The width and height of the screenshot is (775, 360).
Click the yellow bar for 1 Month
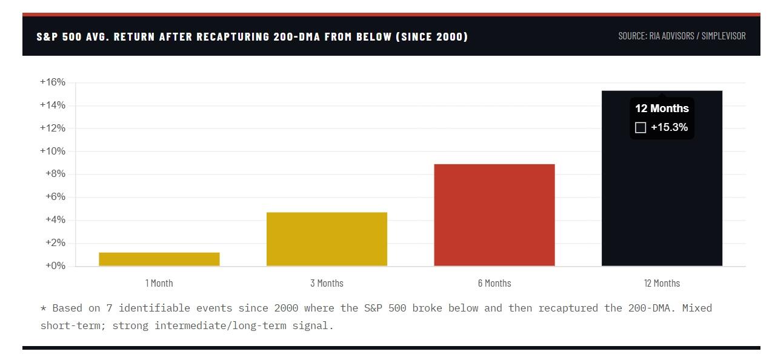pos(159,259)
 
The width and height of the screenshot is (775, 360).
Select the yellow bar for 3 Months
pos(327,239)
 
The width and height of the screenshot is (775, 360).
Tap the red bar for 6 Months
pos(494,215)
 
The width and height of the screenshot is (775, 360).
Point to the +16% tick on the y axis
pos(53,82)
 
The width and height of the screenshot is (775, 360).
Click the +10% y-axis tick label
pos(53,151)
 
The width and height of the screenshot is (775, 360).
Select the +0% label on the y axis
pos(55,265)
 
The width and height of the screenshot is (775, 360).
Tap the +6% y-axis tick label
pos(55,197)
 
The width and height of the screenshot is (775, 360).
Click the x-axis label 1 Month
pos(159,283)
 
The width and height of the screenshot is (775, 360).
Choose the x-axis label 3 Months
pos(327,283)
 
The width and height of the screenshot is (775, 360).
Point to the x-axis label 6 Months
pos(494,283)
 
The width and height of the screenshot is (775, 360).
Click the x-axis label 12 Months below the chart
pos(662,283)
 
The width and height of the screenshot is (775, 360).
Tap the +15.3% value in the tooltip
pos(669,127)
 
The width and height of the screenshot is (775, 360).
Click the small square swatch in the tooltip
pos(640,127)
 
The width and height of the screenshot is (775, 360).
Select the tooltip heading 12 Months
pos(662,108)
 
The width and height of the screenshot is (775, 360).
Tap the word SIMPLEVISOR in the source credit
pos(723,36)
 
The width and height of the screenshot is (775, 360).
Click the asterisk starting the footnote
pos(43,308)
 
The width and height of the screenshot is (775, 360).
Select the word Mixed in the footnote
pos(697,308)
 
